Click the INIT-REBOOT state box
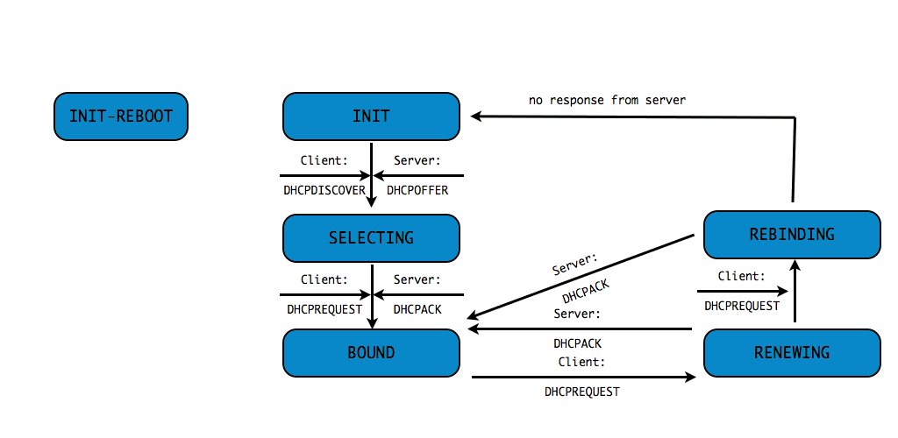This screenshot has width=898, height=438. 121,117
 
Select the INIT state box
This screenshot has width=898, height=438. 371,117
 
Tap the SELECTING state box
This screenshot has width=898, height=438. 371,237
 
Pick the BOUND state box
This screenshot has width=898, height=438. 371,353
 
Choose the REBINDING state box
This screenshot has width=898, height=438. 792,235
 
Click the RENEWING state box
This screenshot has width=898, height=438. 792,353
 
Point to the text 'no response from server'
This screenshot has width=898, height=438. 607,100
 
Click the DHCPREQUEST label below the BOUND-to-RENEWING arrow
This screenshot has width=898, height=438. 582,392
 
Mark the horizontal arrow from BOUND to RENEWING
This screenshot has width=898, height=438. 583,377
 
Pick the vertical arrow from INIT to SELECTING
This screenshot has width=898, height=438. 372,175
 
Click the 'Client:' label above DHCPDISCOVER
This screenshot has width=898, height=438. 324,160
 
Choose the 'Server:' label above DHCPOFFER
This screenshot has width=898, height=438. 417,160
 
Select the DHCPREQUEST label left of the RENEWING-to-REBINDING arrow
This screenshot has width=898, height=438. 742,306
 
